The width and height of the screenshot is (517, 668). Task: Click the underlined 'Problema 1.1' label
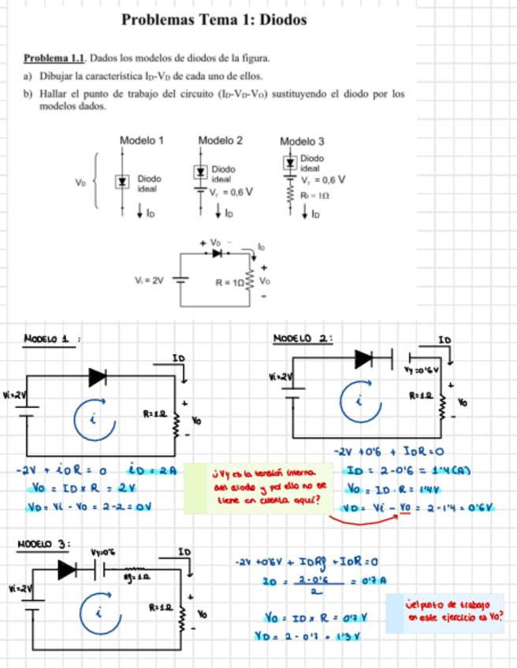click(54, 58)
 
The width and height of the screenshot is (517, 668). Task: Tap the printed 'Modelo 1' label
click(141, 140)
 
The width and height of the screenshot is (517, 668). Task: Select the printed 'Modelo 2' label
click(220, 140)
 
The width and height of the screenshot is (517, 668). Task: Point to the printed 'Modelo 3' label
click(302, 141)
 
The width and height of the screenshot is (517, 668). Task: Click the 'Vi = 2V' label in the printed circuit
click(149, 280)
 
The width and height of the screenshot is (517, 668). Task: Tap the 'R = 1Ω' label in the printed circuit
click(229, 280)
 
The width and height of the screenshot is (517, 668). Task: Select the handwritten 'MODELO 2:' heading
click(302, 338)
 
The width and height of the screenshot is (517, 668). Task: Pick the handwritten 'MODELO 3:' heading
click(44, 544)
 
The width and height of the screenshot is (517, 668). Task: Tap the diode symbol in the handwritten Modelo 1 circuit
click(98, 377)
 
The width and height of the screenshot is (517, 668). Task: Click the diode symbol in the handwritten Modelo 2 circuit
click(364, 359)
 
